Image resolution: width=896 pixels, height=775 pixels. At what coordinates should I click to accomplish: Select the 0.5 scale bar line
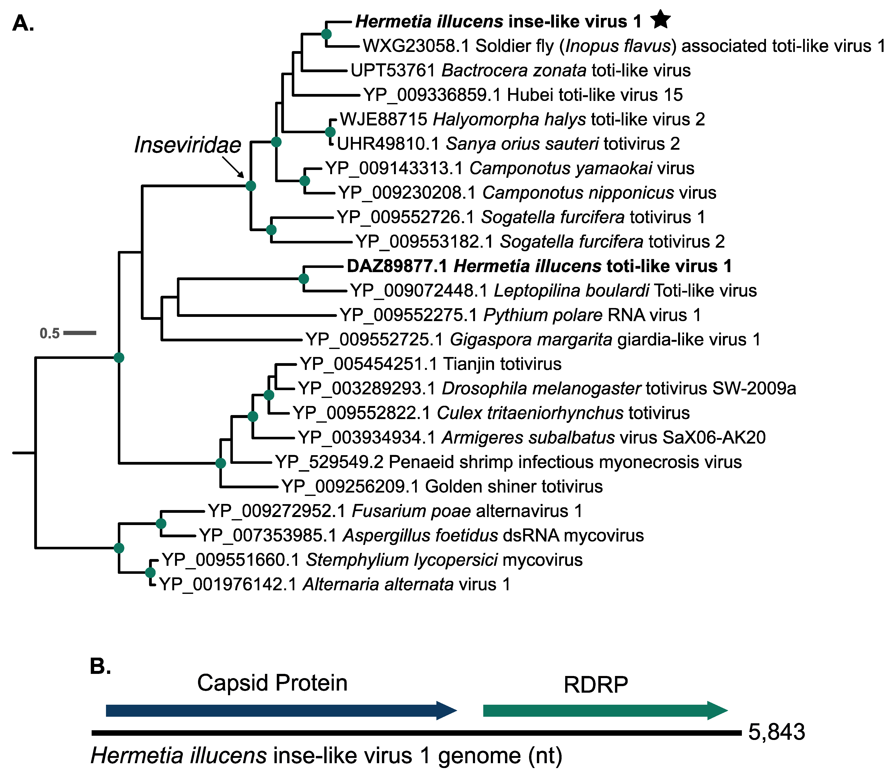pyautogui.click(x=80, y=333)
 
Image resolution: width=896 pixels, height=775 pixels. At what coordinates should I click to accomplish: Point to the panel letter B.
pyautogui.click(x=100, y=666)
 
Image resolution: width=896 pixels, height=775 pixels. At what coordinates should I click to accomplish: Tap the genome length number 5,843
pyautogui.click(x=777, y=732)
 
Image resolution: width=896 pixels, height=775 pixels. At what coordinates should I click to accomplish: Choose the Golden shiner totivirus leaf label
pyautogui.click(x=442, y=487)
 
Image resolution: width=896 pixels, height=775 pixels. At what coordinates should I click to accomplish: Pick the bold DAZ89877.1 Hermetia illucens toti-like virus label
pyautogui.click(x=539, y=266)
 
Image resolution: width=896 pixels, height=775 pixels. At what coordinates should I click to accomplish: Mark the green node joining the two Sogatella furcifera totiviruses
pyautogui.click(x=271, y=230)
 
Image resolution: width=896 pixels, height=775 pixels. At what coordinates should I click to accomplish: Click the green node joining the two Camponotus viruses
pyautogui.click(x=305, y=181)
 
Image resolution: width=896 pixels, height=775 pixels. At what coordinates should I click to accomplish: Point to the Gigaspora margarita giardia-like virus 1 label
pyautogui.click(x=533, y=339)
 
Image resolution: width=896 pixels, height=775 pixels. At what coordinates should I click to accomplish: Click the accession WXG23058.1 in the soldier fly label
pyautogui.click(x=416, y=46)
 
